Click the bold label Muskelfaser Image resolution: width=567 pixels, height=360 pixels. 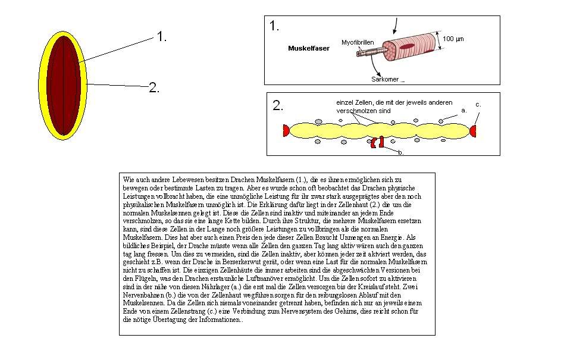coord(308,48)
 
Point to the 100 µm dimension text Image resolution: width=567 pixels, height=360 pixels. coord(454,39)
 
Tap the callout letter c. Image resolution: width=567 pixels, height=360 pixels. coord(478,104)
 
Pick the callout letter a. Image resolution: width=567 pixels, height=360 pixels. coord(464,110)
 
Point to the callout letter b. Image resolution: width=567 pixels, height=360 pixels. coord(401,153)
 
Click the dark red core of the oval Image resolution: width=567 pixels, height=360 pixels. coord(64,84)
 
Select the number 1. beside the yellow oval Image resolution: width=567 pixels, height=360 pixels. coord(161,37)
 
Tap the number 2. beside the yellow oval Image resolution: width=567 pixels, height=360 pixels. coord(154,88)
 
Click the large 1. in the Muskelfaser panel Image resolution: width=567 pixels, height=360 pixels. coord(274,26)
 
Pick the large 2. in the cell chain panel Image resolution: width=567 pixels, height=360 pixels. coord(278,106)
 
